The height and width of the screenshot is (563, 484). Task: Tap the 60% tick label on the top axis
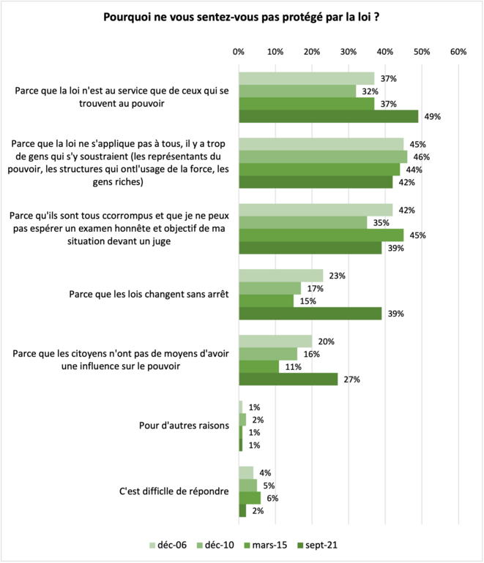[x=458, y=52]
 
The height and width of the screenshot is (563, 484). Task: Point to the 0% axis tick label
[x=239, y=52]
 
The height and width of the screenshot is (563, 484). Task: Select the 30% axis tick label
[x=349, y=52]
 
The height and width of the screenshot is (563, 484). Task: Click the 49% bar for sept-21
[x=328, y=116]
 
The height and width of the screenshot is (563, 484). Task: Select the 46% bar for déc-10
[x=323, y=156]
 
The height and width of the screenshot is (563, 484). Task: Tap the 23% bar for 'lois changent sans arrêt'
[x=280, y=276]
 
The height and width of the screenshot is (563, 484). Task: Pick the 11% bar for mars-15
[x=258, y=367]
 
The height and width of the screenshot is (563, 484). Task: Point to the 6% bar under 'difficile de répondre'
[x=250, y=498]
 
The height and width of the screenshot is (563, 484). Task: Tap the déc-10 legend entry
[x=217, y=545]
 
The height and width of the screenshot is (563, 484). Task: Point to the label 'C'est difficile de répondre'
[x=174, y=491]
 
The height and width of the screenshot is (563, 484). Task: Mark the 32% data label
[x=368, y=91]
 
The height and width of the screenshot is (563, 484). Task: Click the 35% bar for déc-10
[x=302, y=222]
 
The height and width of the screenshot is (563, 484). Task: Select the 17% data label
[x=316, y=288]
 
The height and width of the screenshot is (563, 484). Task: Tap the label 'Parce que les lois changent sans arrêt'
[x=148, y=295]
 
